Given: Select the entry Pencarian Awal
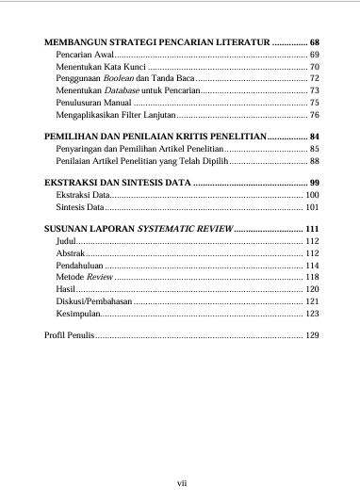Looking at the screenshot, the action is click(85, 57).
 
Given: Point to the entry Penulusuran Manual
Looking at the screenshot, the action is click(93, 102).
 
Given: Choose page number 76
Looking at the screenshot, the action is click(315, 113).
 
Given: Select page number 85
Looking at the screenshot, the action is click(315, 149).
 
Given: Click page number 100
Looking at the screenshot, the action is click(313, 194).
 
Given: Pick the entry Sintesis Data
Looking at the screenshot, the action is click(80, 205).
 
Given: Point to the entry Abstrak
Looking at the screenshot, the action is click(71, 253).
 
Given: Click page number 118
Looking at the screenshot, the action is click(313, 278).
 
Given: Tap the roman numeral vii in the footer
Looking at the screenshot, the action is click(182, 482).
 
